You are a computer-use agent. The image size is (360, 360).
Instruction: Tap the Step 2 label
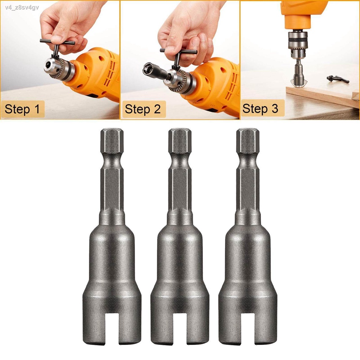coord(143,109)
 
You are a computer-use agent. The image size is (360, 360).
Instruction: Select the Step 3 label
coord(260,109)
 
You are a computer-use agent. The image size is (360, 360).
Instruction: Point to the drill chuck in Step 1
coord(60,69)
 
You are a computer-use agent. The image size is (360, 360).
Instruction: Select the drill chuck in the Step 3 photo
coord(297,40)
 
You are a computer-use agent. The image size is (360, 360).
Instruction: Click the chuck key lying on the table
coord(337,79)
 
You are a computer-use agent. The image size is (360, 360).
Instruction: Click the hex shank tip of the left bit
coord(112,141)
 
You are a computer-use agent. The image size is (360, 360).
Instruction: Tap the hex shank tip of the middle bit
coord(180,141)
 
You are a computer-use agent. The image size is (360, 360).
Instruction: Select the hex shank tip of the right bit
coord(247,141)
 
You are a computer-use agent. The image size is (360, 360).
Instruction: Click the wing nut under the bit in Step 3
coord(297,82)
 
